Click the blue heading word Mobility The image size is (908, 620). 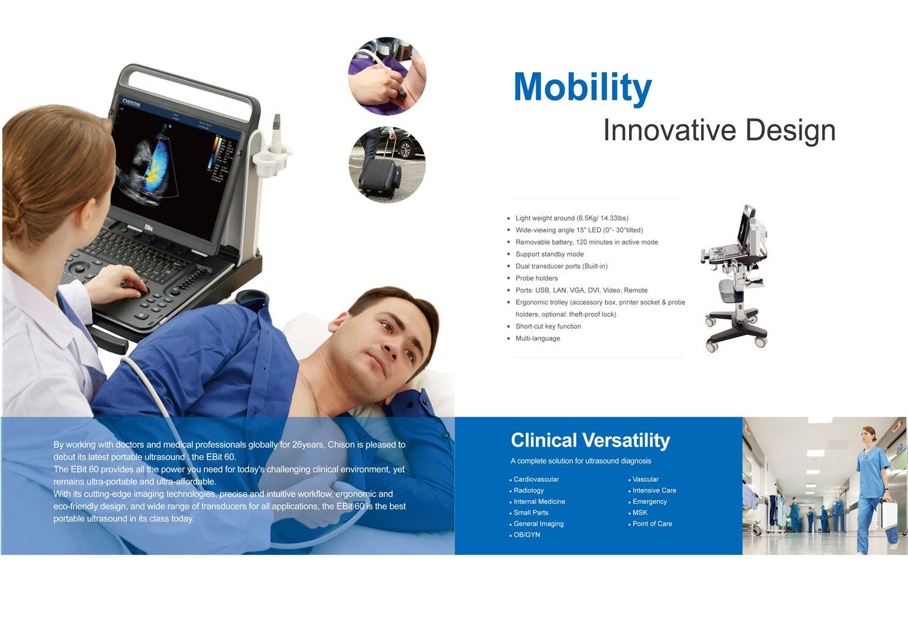583,88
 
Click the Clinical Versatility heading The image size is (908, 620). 591,441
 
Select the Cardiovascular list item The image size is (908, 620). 536,479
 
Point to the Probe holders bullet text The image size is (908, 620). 536,278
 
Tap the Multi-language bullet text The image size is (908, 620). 538,338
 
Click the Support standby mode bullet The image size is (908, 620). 549,254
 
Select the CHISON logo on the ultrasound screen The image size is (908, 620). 131,103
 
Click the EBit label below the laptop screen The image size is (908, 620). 149,228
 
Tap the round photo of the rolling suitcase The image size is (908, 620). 387,164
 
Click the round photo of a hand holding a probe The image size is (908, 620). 387,76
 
